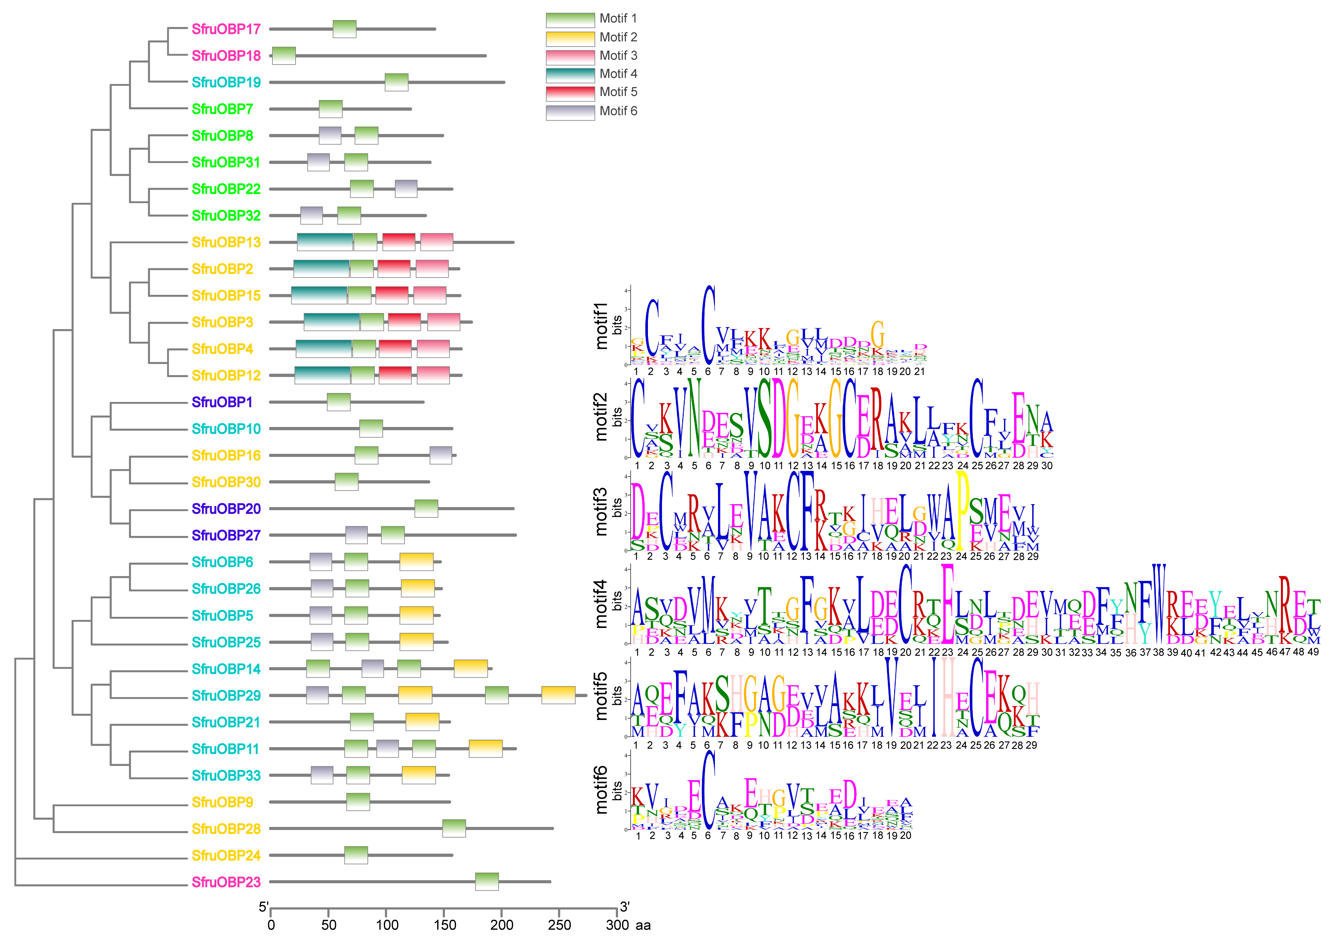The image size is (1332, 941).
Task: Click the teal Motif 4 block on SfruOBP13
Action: click(x=325, y=242)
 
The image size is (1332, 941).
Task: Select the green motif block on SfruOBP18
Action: click(x=284, y=56)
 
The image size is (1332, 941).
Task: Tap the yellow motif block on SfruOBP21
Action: click(x=422, y=722)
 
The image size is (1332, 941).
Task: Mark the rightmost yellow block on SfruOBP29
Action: click(x=558, y=696)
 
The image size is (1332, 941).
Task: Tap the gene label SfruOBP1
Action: click(x=222, y=402)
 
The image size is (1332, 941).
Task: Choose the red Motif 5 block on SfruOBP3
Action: click(x=405, y=322)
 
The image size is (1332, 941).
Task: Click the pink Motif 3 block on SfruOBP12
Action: click(x=433, y=376)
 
